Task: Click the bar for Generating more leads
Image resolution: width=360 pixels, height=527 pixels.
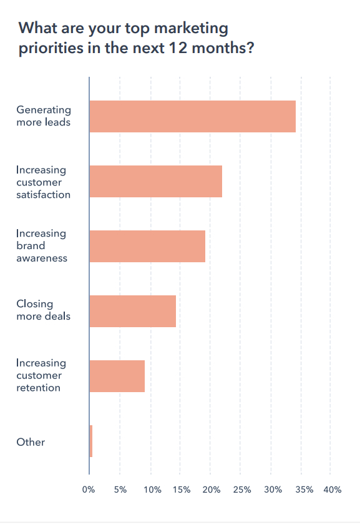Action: coord(192,116)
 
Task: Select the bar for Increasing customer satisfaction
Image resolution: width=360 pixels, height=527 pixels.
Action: coord(155,181)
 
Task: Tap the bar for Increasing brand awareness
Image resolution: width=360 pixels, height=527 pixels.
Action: coord(147,246)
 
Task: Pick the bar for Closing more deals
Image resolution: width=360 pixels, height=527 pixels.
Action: coord(132,311)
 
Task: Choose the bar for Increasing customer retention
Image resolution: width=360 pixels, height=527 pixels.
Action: coord(117,376)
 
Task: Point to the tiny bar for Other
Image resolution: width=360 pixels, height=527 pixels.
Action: coord(91,441)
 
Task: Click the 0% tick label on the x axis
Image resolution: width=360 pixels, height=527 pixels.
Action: coord(89,490)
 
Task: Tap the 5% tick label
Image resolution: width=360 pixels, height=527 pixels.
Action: coord(120,490)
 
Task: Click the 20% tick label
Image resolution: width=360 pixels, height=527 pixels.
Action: coord(211,490)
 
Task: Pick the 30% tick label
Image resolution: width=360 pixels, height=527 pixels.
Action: coord(271,490)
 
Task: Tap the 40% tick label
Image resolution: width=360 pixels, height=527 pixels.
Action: coord(332,490)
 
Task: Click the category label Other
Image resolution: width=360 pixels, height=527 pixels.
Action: coord(31,442)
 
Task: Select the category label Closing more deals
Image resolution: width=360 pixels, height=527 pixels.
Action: coord(43,310)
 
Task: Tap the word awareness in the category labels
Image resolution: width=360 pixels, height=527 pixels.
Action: coord(41,259)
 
